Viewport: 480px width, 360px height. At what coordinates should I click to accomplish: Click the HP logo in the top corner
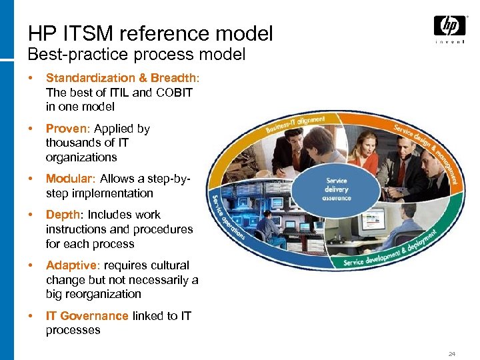point(449,26)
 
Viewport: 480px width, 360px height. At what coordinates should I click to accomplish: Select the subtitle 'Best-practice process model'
point(137,54)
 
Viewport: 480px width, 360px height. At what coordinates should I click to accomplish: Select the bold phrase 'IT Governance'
point(87,316)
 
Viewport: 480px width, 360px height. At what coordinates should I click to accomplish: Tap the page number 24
point(452,353)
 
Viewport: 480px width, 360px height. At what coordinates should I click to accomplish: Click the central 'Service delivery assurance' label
point(336,189)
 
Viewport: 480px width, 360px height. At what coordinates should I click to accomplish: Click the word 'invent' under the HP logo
point(450,41)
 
